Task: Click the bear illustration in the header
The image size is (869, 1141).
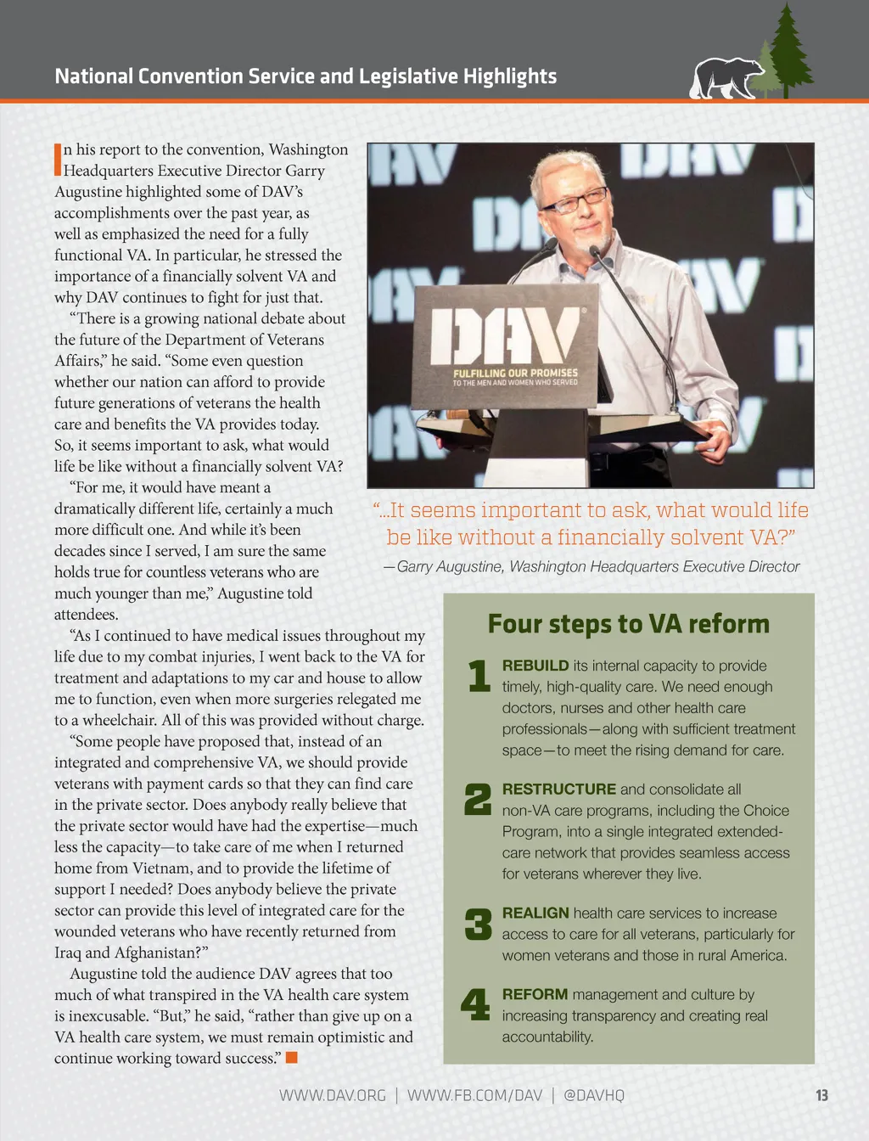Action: click(726, 79)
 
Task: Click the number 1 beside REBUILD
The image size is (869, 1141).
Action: click(479, 676)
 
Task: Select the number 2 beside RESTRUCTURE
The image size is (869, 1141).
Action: click(478, 800)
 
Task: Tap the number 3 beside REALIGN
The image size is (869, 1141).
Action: click(478, 924)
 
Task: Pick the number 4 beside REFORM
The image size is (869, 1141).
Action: click(475, 1004)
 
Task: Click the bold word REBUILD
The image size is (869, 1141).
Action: click(535, 666)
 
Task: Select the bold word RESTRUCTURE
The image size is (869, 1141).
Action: click(558, 790)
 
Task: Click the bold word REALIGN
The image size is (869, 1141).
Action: click(535, 913)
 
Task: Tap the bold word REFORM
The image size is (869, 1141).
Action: click(535, 994)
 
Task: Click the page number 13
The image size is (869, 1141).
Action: click(821, 1095)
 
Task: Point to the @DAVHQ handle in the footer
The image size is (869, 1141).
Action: click(594, 1095)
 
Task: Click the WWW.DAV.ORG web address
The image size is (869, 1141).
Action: click(333, 1095)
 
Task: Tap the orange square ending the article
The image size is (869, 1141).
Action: click(292, 1058)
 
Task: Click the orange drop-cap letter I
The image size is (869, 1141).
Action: click(58, 159)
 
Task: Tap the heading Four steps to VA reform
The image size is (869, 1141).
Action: click(628, 624)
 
